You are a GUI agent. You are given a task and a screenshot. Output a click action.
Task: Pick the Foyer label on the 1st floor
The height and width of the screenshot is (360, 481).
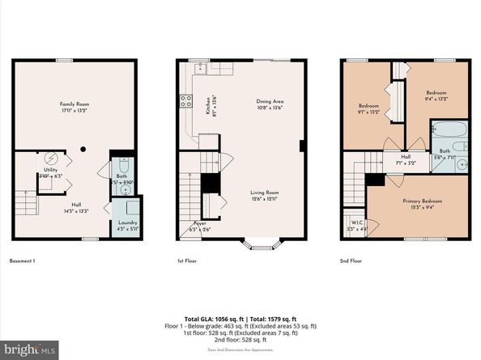pyautogui.click(x=200, y=226)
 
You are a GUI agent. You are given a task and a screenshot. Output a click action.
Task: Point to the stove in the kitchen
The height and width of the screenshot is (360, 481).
pyautogui.click(x=185, y=101)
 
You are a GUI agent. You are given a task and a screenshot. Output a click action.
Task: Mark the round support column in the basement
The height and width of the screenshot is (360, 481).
pyautogui.click(x=83, y=149)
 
